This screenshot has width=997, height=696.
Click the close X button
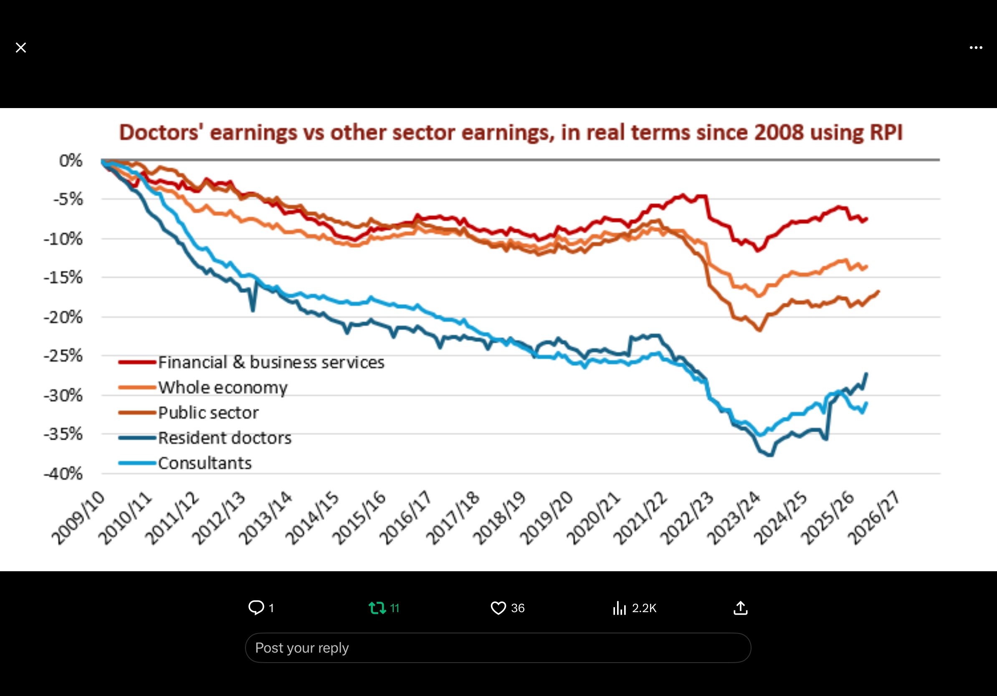click(x=21, y=48)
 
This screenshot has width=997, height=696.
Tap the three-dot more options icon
click(x=976, y=48)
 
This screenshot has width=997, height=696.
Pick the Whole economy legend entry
click(x=223, y=388)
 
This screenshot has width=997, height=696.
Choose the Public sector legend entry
click(x=208, y=413)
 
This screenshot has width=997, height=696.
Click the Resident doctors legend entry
click(x=225, y=438)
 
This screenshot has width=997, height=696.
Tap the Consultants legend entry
click(x=205, y=463)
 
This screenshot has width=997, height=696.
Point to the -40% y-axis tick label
click(x=63, y=474)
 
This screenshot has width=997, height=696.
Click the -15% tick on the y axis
click(x=63, y=277)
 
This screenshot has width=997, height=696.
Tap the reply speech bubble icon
click(x=256, y=608)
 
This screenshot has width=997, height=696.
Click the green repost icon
click(x=377, y=608)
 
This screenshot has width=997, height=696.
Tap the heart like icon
click(x=498, y=608)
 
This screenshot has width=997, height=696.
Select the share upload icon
click(x=740, y=608)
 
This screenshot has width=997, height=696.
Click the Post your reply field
click(x=498, y=648)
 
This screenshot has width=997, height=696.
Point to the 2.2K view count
click(x=644, y=608)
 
